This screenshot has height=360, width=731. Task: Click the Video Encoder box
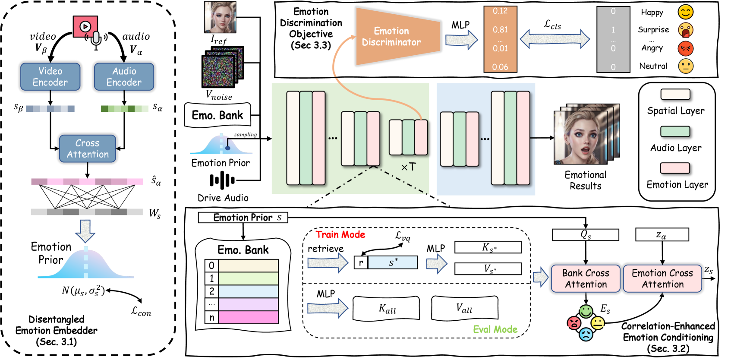pos(50,77)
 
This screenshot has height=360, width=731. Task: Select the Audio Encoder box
pos(124,77)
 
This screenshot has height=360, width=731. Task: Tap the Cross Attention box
pos(88,149)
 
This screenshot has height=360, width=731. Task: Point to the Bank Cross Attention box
pos(586,279)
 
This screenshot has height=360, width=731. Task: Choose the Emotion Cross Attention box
pos(662,279)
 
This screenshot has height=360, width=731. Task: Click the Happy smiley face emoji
pos(685,12)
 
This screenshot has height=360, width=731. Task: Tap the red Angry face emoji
pos(685,48)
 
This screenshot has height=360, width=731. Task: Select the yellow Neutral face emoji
pos(685,66)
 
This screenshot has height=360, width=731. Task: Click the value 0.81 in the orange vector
pos(500,30)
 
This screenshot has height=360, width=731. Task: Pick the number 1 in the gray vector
pos(613,30)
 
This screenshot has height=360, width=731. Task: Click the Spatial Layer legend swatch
pos(675,95)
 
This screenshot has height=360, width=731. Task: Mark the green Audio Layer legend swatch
pos(675,131)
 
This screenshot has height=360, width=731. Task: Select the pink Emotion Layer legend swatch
pos(675,168)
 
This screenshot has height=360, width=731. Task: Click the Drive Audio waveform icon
pos(222,180)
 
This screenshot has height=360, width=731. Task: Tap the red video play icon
pos(85,26)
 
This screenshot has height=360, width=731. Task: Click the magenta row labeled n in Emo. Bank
pos(248,317)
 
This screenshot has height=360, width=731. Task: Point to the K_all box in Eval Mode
pos(386,308)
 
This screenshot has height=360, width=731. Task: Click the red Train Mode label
pos(340,234)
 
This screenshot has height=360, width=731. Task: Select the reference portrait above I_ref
pos(220,17)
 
